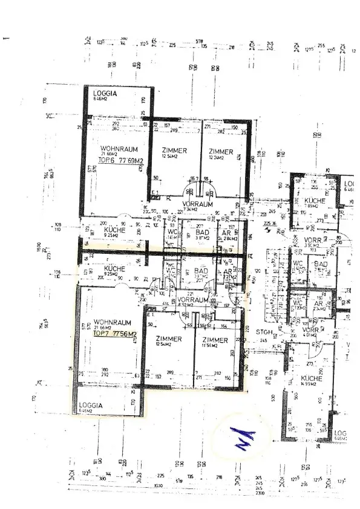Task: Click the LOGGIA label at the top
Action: (105, 94)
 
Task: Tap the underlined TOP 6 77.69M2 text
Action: (121, 161)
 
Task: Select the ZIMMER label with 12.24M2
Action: (221, 151)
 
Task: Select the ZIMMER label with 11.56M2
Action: (216, 340)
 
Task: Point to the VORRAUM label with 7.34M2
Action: (198, 205)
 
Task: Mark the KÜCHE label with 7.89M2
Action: (315, 201)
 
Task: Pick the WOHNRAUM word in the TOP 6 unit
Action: (119, 149)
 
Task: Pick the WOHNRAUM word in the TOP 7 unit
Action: (113, 323)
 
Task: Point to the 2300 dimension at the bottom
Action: (260, 493)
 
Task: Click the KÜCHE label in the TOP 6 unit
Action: (114, 230)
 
